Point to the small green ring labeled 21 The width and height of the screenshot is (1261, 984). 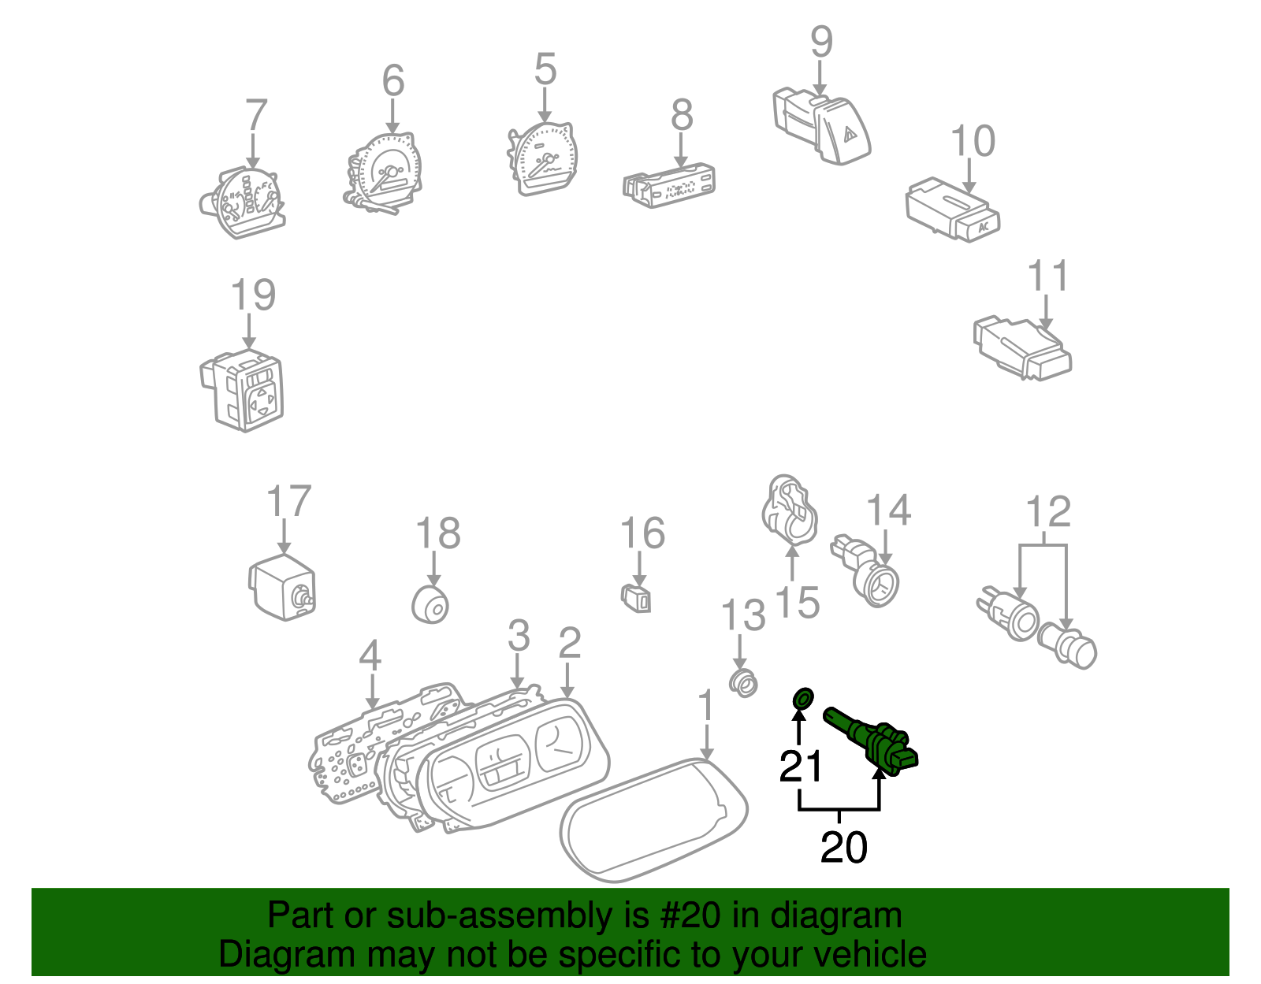tap(802, 697)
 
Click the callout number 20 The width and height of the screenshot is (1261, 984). tap(843, 848)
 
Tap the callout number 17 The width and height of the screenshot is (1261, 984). tap(288, 501)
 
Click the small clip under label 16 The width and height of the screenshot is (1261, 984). tap(638, 600)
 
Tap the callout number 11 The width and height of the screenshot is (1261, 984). tap(1047, 276)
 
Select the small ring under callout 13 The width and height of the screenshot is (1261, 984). tap(742, 682)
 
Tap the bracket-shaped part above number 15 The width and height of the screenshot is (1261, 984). tap(790, 508)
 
